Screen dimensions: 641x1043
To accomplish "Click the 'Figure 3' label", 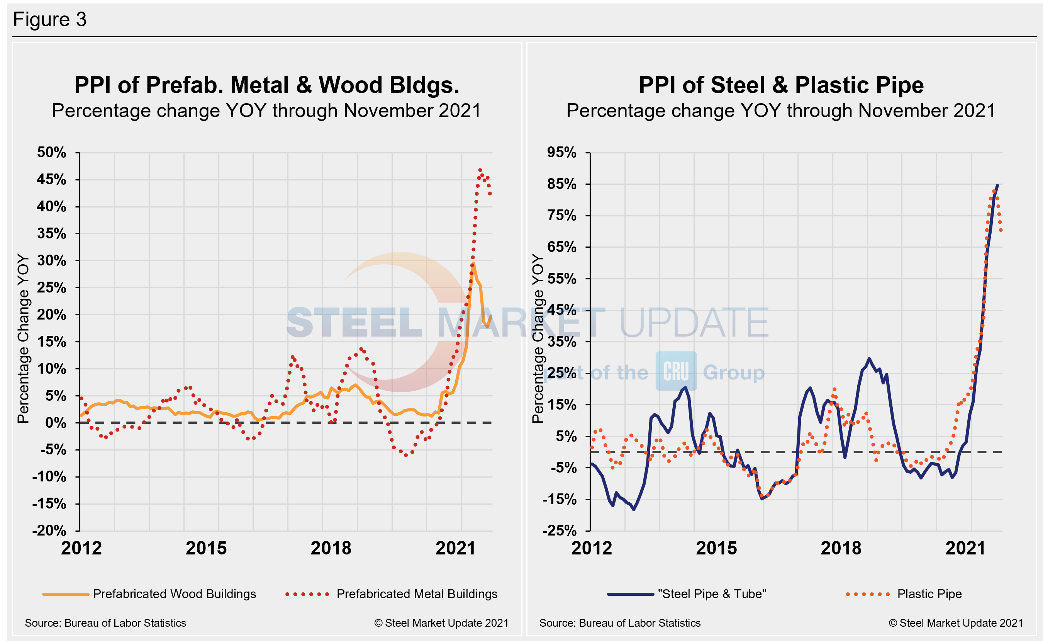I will pos(49,19).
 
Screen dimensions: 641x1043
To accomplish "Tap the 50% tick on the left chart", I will pos(52,153).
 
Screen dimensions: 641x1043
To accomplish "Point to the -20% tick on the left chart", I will pos(49,530).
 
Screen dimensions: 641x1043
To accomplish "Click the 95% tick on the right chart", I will pos(562,153).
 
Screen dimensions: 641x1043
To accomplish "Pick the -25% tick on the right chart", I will pos(560,530).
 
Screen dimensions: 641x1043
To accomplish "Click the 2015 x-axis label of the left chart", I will pos(206,548).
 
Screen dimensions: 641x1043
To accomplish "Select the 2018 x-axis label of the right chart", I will pos(841,548).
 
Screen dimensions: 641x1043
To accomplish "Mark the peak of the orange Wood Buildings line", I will pos(473,264).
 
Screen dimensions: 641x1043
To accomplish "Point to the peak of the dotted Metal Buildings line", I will pos(480,170).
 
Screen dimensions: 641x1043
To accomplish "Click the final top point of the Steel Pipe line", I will pos(997,185).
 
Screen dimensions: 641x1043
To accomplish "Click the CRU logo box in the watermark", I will pos(676,371).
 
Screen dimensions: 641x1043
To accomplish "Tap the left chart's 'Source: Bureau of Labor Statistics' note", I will pos(105,623).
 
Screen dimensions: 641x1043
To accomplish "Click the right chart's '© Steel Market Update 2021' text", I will pos(955,623).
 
